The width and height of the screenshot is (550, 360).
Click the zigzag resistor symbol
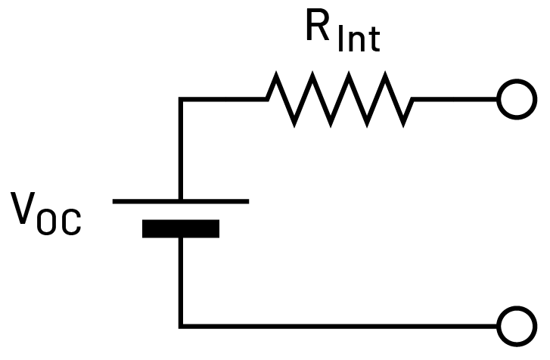point(340,99)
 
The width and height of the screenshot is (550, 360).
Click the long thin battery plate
point(180,201)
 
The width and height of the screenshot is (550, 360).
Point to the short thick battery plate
point(181,228)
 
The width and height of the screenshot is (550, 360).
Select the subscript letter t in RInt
point(374,40)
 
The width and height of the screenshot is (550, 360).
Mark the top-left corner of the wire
point(181,99)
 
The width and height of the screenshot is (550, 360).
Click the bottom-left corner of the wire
point(181,327)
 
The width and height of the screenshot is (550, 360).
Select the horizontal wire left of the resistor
point(223,99)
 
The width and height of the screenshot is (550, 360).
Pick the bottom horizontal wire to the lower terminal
point(340,327)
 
